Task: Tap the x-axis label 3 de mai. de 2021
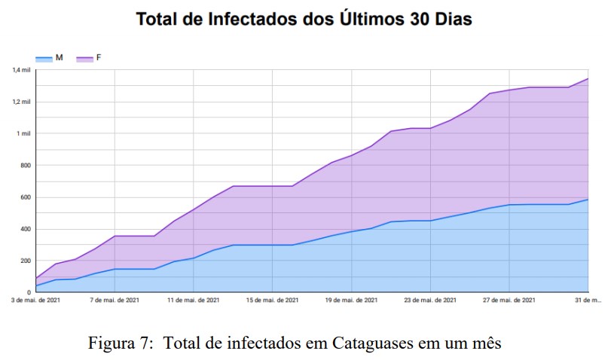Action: (x=36, y=301)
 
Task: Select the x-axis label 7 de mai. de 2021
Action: (x=115, y=301)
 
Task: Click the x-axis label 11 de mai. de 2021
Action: (x=194, y=301)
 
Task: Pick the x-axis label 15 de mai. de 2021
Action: (x=273, y=301)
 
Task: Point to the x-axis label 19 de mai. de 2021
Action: (x=352, y=301)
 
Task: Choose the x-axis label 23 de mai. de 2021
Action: (x=431, y=301)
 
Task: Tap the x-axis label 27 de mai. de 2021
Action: (x=510, y=301)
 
